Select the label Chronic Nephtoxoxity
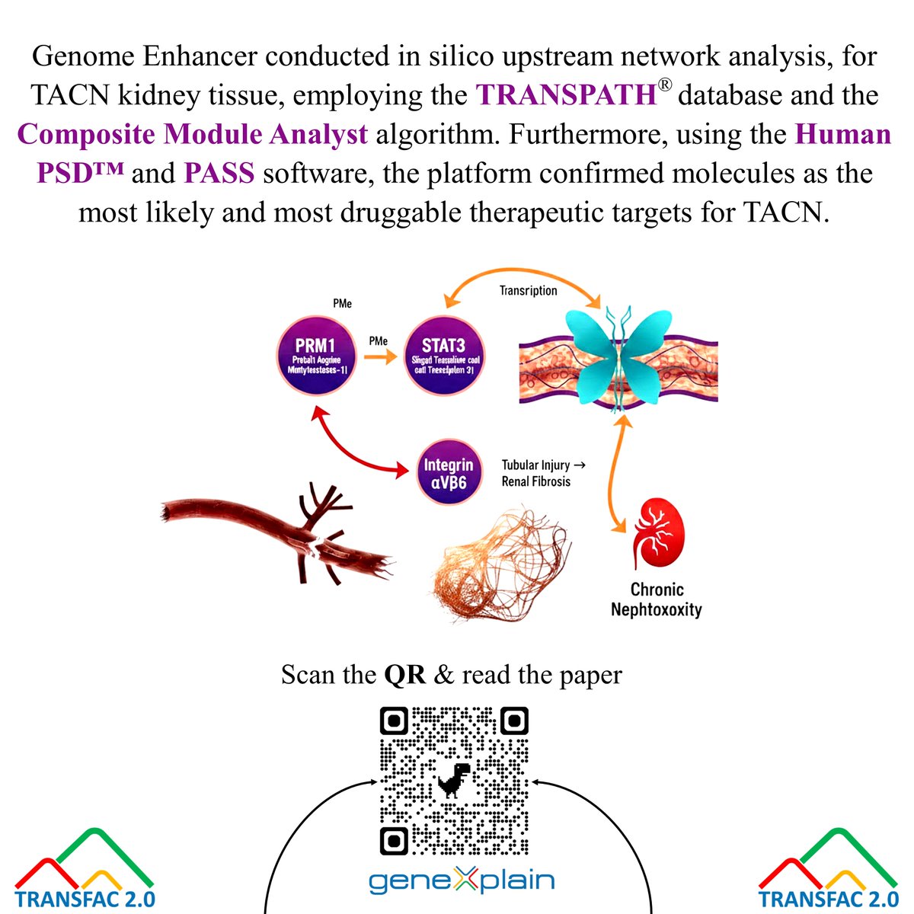click(x=657, y=599)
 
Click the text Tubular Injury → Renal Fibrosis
click(x=543, y=473)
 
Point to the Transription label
click(x=528, y=291)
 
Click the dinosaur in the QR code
click(x=454, y=781)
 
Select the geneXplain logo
click(x=462, y=881)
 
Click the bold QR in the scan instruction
click(x=404, y=675)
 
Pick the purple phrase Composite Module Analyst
click(x=193, y=135)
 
